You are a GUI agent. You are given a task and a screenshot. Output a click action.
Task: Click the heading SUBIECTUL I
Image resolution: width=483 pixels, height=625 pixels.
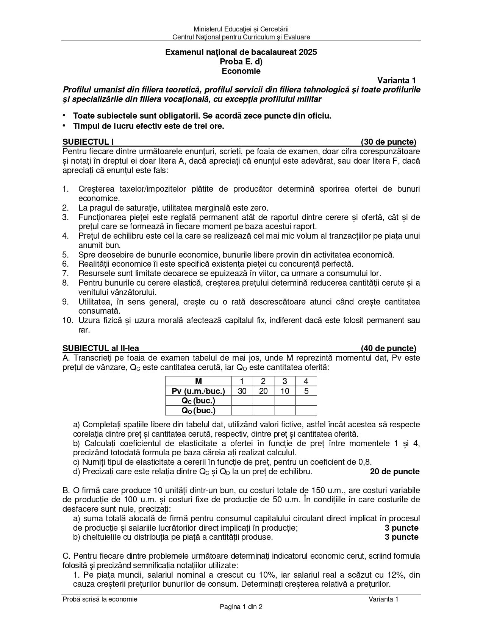coord(88,142)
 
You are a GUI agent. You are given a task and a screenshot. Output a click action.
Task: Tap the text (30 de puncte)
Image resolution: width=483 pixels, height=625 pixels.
coord(388,142)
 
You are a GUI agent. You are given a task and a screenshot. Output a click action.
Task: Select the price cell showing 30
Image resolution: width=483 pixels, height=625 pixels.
coord(242,391)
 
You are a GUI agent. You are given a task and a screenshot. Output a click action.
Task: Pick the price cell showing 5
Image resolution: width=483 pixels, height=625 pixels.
coord(306,391)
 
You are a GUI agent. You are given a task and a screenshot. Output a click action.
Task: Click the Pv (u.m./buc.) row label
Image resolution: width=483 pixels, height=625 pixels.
coord(198,391)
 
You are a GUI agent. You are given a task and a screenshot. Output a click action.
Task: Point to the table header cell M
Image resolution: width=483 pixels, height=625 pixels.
coord(198,381)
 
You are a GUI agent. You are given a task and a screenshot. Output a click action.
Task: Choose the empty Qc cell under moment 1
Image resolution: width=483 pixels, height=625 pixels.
coord(242,401)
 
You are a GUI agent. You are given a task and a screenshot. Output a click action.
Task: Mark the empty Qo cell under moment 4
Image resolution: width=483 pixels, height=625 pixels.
coord(306,410)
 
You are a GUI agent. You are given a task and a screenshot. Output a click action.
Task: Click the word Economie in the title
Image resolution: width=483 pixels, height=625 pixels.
coord(241,71)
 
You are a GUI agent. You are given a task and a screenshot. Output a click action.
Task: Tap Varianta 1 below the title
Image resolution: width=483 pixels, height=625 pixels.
coord(396,80)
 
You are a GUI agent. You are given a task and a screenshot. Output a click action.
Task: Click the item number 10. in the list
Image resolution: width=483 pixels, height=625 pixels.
coord(67,320)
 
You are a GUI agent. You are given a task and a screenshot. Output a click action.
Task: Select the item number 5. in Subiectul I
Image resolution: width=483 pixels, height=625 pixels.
coord(66,255)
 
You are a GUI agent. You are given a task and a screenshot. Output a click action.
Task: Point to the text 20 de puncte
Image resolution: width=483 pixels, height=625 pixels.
coord(395,472)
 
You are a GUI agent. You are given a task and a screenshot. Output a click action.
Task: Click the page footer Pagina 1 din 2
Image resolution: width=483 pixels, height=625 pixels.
coord(241,607)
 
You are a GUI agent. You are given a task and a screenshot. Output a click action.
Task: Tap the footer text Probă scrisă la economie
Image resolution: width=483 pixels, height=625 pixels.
coord(100,599)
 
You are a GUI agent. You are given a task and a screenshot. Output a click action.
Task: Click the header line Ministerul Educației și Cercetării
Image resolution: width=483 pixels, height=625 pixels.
coord(241,29)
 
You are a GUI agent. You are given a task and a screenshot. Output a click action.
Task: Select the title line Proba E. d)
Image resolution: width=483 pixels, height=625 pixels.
coord(241,61)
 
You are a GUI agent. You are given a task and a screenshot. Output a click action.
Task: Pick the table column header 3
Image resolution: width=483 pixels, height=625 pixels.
coord(284,381)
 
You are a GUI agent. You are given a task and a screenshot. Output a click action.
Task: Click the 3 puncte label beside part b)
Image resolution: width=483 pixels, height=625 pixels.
coord(402,537)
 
